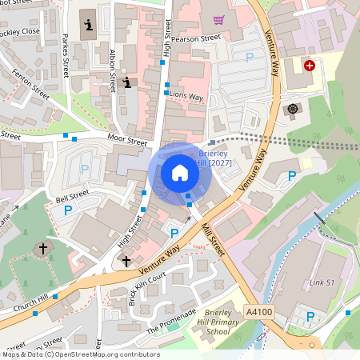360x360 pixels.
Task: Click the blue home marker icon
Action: click(x=179, y=173)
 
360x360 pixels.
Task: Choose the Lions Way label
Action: click(x=186, y=95)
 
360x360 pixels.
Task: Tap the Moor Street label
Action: click(x=127, y=142)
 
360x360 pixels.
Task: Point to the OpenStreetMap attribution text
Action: click(x=80, y=354)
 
